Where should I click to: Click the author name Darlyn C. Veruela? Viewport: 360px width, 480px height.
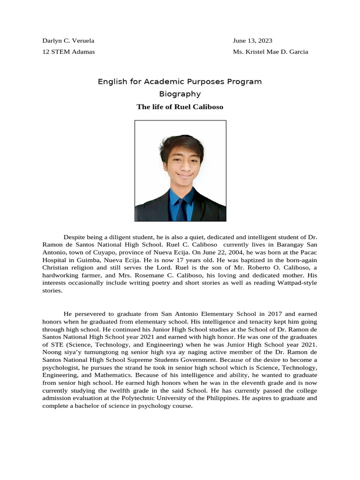coord(68,41)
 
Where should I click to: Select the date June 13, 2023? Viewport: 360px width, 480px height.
coord(252,41)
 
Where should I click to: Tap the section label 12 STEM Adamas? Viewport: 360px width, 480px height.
coord(68,52)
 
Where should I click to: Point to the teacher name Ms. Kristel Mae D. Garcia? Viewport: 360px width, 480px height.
coord(270,52)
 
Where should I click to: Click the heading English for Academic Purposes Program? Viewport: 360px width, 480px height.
coord(180,82)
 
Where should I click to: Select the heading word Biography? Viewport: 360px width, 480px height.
coord(180,94)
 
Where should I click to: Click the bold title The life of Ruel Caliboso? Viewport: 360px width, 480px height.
coord(180,107)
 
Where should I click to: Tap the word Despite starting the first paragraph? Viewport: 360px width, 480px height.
coord(75,237)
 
